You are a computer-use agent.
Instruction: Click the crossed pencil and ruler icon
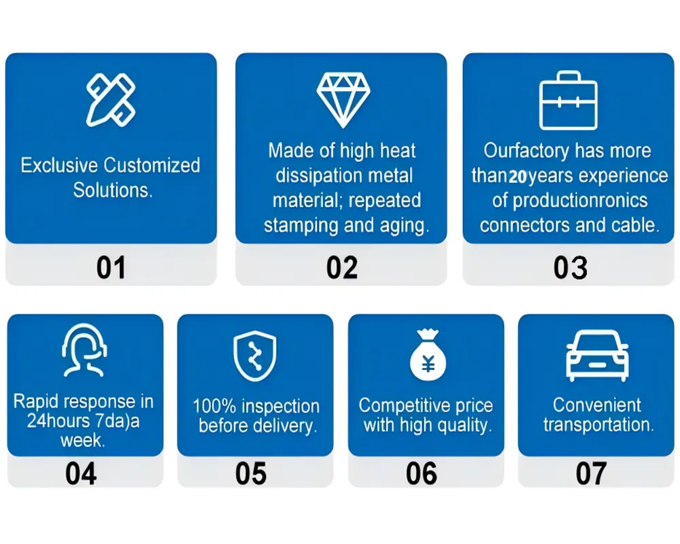click(111, 100)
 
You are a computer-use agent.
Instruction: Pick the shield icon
click(255, 356)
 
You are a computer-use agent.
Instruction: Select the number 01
click(111, 267)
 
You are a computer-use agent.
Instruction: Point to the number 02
click(342, 267)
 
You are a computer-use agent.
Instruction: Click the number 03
click(571, 267)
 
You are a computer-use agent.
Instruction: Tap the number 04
click(81, 473)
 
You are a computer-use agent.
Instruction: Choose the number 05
click(251, 473)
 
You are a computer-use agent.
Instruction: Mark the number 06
click(422, 473)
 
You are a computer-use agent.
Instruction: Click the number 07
click(591, 473)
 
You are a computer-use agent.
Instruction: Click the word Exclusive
click(59, 165)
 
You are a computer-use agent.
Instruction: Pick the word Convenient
click(597, 405)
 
